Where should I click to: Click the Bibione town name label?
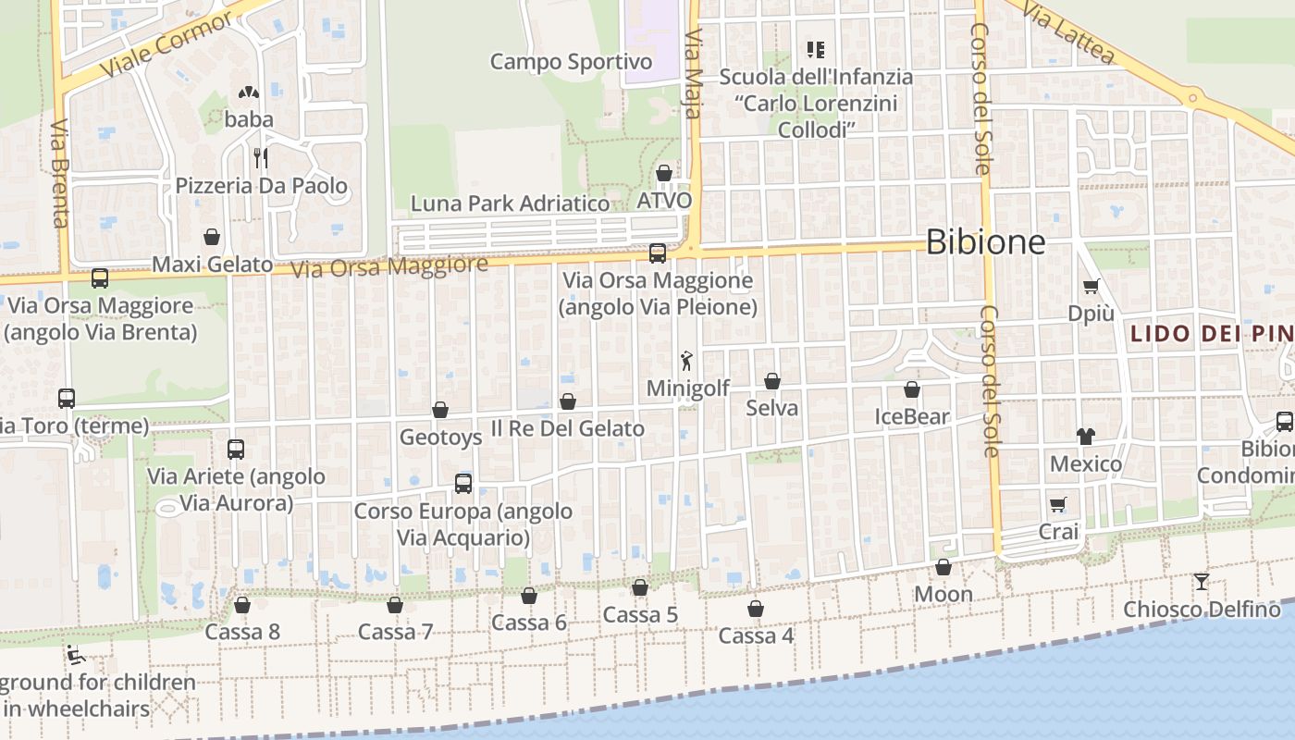coord(985,242)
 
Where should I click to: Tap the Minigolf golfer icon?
coord(686,360)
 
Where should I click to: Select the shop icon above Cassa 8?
coord(242,605)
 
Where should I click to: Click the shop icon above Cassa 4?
coord(756,609)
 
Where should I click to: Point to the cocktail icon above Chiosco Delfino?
coord(1202,582)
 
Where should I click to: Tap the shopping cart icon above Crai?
coord(1058,504)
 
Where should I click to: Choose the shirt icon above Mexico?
coord(1085,436)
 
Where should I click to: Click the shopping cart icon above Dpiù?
coord(1091,286)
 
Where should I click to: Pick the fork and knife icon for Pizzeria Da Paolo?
coord(261,157)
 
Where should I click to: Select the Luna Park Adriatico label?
coord(510,203)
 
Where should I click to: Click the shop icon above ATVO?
coord(663,173)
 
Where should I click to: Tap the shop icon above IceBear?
coord(912,389)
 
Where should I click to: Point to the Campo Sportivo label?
coord(571,62)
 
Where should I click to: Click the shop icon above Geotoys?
coord(440,410)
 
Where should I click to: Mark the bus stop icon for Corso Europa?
coord(463,483)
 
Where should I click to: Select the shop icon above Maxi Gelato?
coord(212,237)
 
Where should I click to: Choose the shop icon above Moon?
coord(943,567)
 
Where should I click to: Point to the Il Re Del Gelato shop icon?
coord(568,401)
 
